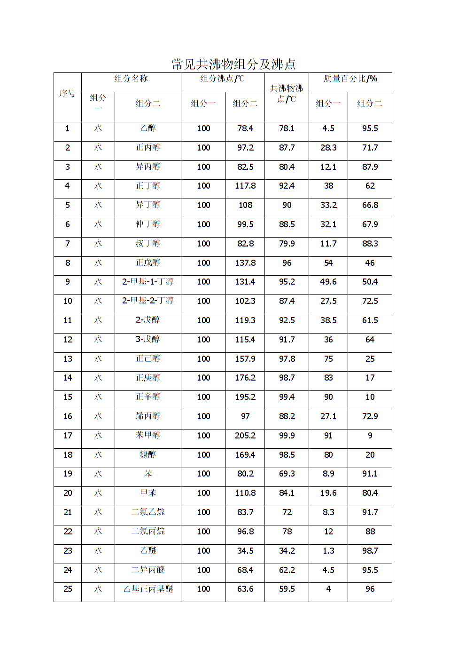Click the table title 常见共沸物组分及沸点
point(233,64)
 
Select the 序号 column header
point(67,94)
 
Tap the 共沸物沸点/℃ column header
point(287,94)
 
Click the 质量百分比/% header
point(350,79)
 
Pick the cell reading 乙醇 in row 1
point(148,128)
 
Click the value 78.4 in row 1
point(245,128)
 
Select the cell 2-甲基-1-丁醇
point(148,282)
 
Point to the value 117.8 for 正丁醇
point(245,186)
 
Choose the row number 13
point(68,359)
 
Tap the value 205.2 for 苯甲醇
point(245,436)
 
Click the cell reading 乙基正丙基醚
point(148,589)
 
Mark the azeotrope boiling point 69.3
point(287,474)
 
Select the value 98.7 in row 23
point(370,551)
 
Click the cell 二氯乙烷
point(148,512)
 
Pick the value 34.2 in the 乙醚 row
point(287,551)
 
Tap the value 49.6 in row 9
point(328,282)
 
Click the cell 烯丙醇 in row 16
point(148,416)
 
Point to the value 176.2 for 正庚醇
point(245,378)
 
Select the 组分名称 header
point(131,79)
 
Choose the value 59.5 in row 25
point(287,589)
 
